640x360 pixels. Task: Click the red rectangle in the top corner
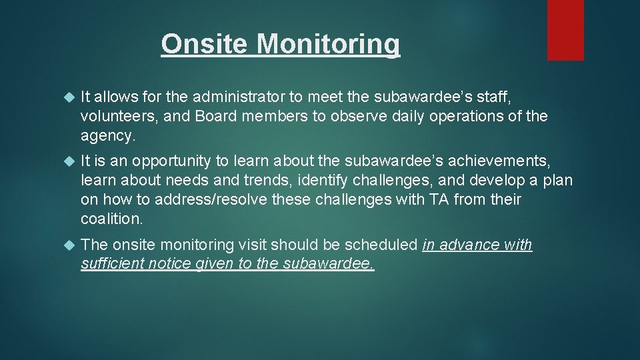coord(565,30)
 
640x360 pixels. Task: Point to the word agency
coord(107,135)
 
